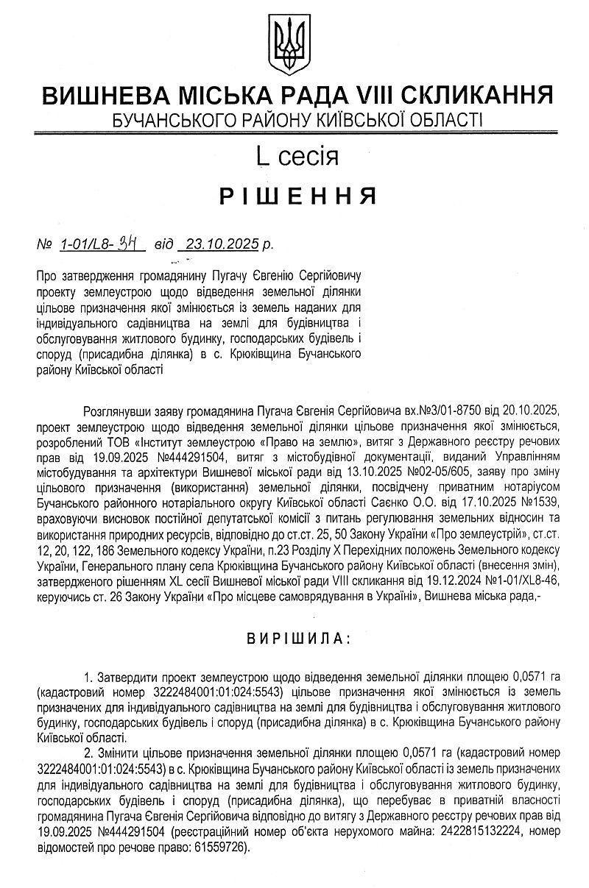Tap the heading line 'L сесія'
pos(297,156)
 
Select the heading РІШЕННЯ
pos(297,196)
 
